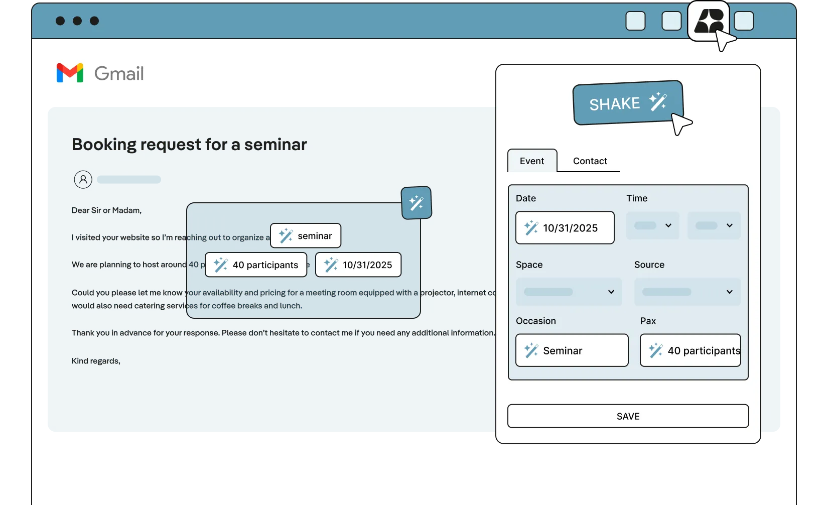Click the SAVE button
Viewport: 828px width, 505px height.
pos(628,416)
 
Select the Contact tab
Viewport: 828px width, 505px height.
pos(590,161)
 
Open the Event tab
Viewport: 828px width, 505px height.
pos(532,161)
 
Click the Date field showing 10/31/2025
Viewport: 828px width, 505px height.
pos(565,228)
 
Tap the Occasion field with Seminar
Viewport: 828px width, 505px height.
pos(572,350)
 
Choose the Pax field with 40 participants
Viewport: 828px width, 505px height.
pos(690,350)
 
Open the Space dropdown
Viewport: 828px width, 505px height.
pos(569,292)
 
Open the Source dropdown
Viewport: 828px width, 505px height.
pos(687,292)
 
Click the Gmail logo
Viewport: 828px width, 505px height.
pos(98,73)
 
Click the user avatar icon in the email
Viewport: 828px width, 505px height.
pos(83,179)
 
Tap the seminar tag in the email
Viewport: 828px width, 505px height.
pos(306,236)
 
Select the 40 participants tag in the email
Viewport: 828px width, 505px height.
pos(256,265)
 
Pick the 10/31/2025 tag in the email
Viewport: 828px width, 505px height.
pos(358,265)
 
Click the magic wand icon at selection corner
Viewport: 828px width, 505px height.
pos(417,203)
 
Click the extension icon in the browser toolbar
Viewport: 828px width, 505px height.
pos(708,21)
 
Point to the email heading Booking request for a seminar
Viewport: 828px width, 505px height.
pos(189,145)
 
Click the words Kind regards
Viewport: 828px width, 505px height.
pos(96,361)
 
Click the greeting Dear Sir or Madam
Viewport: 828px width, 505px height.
pos(106,210)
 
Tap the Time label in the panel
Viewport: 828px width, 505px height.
pos(637,198)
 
